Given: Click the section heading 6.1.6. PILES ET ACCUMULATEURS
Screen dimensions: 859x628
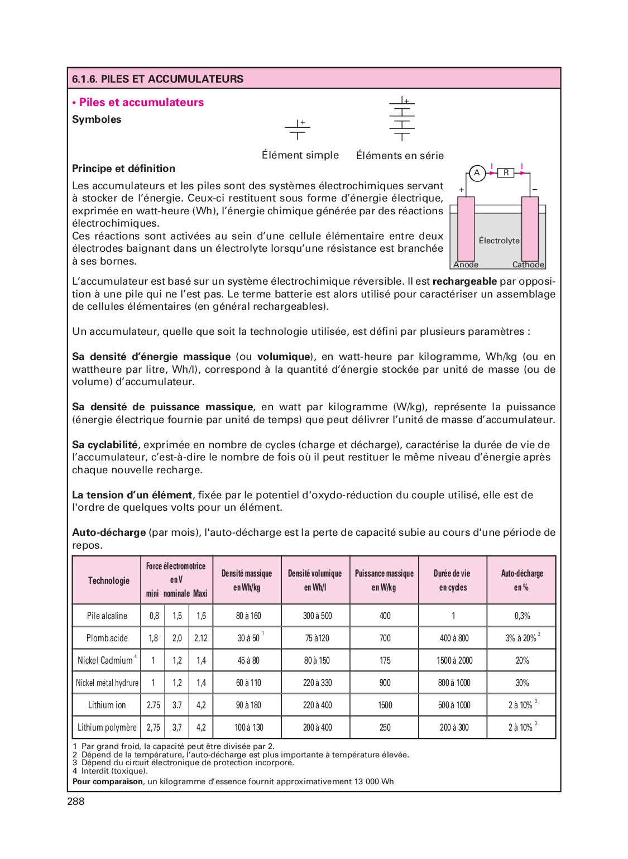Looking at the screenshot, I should tap(158, 79).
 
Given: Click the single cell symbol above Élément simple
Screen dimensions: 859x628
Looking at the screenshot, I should tap(298, 129).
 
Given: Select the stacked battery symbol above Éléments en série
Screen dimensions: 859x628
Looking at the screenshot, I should tap(402, 118).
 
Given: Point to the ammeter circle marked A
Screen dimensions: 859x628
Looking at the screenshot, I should tap(477, 173).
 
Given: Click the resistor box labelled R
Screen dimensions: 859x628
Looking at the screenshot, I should tap(506, 173).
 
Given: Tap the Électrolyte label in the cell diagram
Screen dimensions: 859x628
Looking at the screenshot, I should tap(499, 241).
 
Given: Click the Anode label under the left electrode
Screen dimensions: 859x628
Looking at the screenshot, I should tap(466, 265).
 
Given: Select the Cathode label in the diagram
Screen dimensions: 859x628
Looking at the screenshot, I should tap(528, 265).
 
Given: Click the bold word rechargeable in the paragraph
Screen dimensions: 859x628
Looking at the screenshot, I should tap(464, 281).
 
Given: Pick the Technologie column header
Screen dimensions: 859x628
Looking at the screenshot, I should tap(108, 580).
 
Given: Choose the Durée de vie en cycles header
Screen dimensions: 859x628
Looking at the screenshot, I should tap(453, 580).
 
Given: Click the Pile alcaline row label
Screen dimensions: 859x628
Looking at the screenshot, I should tap(107, 616).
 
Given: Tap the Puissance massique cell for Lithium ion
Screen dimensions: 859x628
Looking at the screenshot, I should tap(385, 705).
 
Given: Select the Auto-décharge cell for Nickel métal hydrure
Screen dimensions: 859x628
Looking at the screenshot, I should tap(522, 683).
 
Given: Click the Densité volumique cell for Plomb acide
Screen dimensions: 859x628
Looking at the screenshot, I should tap(317, 638).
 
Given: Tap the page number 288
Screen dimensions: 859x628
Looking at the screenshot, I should tap(76, 802).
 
